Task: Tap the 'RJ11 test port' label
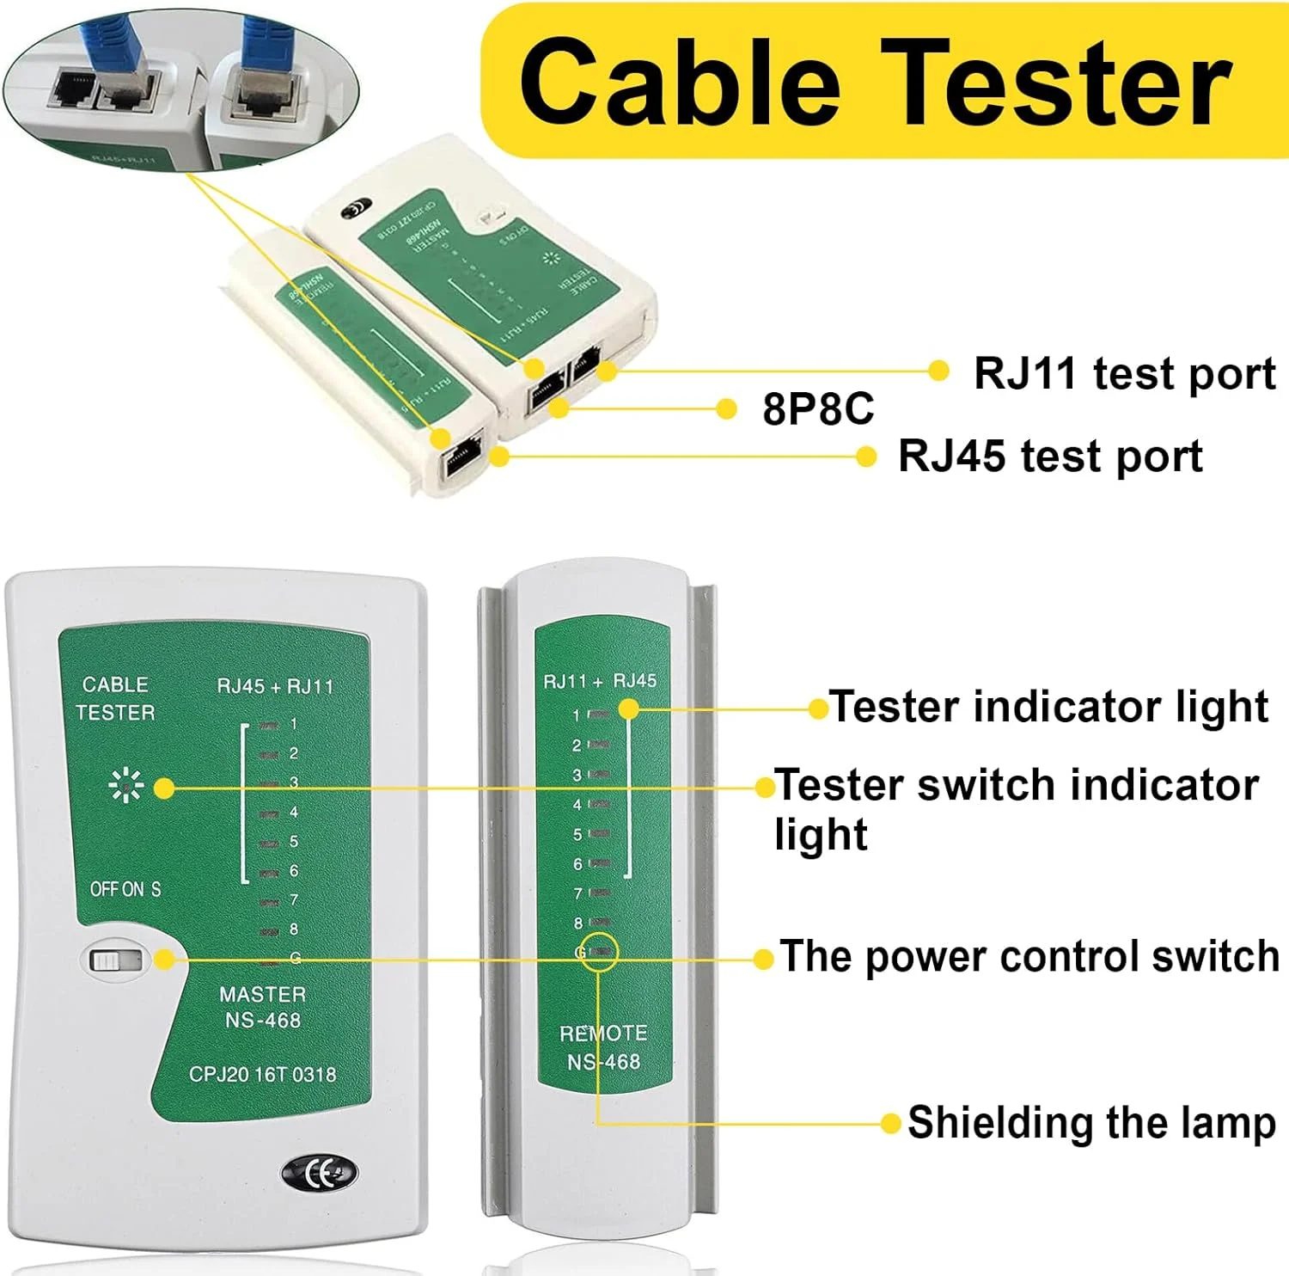coord(1124,374)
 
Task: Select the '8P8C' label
coord(817,408)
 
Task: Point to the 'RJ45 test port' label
coord(1050,456)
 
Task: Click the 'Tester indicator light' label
coord(1048,707)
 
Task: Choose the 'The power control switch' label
coord(1029,956)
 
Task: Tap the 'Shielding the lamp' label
coord(1091,1123)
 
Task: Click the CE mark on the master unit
coord(320,1173)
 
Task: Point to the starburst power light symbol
coord(125,786)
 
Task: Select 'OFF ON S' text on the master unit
coord(125,889)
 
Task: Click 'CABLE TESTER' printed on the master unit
coord(115,698)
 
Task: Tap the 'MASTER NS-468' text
coord(263,1007)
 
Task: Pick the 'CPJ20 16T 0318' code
coord(262,1074)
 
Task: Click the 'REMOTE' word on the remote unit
coord(603,1033)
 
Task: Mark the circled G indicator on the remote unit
coord(598,952)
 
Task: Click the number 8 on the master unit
coord(294,929)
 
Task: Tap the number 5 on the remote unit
coord(577,835)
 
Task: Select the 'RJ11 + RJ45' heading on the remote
coord(600,681)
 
